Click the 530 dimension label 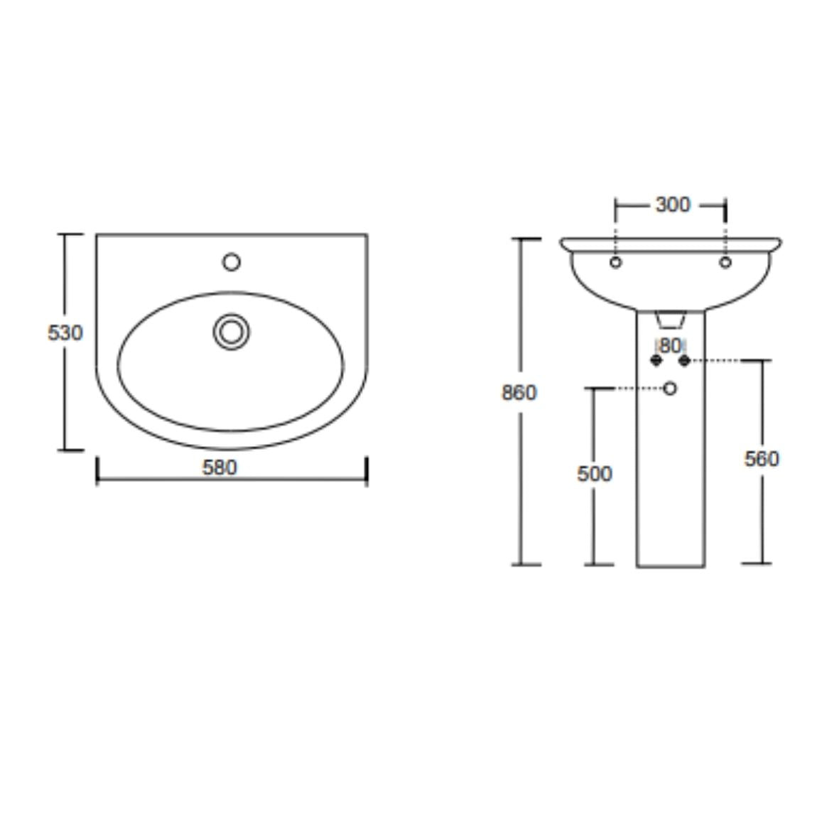coord(65,332)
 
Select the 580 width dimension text coord(220,467)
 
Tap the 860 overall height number coord(519,392)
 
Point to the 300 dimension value coord(672,205)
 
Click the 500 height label coord(595,473)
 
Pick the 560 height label coord(762,459)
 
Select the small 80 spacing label coord(670,346)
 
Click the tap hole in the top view coord(231,262)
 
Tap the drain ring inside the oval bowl coord(231,331)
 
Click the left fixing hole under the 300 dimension coord(616,262)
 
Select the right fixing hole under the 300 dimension coord(725,262)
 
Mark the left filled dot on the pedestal coord(656,361)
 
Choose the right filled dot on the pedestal coord(684,361)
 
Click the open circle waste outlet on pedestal coord(669,388)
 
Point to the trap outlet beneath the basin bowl coord(670,321)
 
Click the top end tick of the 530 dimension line coord(69,234)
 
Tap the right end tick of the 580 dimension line coord(367,472)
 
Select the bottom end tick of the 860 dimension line coord(526,565)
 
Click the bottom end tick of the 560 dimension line coord(757,563)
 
